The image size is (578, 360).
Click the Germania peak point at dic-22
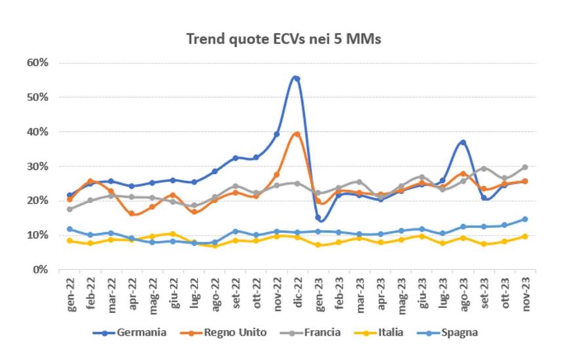coord(297,79)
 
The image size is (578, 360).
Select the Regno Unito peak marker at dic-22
coord(297,134)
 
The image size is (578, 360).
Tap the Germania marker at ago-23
coord(463,142)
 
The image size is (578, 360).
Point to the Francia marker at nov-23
coord(524,167)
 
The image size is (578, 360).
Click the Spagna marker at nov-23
coord(524,219)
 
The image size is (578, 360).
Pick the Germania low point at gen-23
coord(318,217)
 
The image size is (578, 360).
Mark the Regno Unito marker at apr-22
coord(132,213)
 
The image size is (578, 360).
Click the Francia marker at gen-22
coord(70,209)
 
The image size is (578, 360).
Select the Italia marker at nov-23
coord(524,236)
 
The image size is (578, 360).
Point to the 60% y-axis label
coord(38,63)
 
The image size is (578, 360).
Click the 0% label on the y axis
coord(41,270)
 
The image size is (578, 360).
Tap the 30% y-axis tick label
coord(38,166)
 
